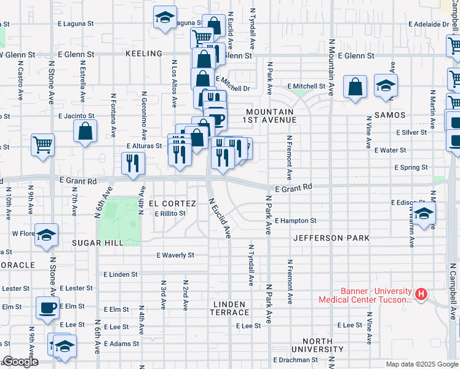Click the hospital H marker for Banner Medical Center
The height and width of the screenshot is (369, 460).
pyautogui.click(x=421, y=295)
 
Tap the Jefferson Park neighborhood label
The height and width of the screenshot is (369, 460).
pyautogui.click(x=331, y=238)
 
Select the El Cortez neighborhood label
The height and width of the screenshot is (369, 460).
pyautogui.click(x=172, y=204)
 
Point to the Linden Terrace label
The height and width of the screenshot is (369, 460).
pyautogui.click(x=229, y=309)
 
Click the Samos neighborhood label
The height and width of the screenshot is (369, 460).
pyautogui.click(x=389, y=116)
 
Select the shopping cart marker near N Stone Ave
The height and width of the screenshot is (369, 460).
pyautogui.click(x=43, y=145)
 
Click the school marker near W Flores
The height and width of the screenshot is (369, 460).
pyautogui.click(x=47, y=235)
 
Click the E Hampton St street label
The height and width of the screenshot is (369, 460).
pyautogui.click(x=295, y=221)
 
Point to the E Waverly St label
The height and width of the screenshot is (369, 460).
pyautogui.click(x=175, y=255)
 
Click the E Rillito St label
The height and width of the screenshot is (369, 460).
pyautogui.click(x=170, y=213)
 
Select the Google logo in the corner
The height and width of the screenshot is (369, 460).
pyautogui.click(x=20, y=362)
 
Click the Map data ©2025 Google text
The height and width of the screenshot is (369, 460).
pyautogui.click(x=421, y=365)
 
